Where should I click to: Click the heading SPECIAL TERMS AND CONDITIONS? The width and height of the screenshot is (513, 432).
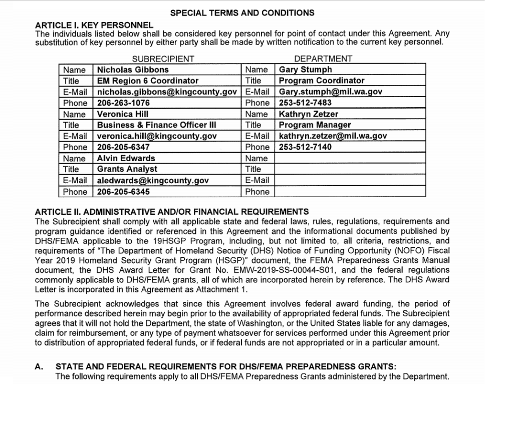click(242, 13)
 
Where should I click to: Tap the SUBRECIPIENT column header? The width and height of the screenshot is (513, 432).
click(163, 59)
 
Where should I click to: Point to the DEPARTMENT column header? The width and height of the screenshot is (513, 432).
click(323, 59)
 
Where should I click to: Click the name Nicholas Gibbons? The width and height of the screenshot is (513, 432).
click(133, 70)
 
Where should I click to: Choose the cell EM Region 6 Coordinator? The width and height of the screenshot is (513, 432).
click(148, 81)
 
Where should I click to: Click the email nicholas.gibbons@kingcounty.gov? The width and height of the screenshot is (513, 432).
click(167, 92)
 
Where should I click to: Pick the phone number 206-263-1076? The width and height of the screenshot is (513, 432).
click(123, 103)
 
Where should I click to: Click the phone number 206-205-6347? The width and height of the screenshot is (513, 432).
click(123, 147)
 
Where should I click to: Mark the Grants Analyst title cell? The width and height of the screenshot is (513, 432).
click(127, 169)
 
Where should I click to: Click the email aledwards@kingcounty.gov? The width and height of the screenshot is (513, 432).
click(153, 180)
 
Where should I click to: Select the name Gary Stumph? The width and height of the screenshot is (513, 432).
click(306, 70)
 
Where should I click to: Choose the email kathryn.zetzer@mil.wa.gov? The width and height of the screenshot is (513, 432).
click(333, 136)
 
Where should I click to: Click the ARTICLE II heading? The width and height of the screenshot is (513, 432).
click(172, 212)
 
